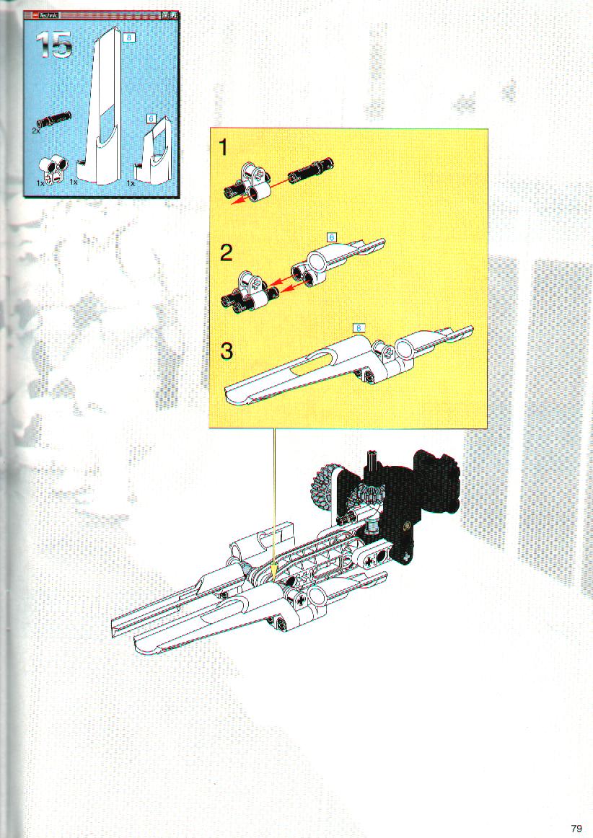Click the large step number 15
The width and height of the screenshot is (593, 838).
click(x=54, y=45)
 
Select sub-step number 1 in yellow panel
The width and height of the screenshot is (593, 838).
click(x=224, y=147)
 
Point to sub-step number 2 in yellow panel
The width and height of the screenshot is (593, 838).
click(x=227, y=252)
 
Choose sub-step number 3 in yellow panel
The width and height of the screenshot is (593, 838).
click(x=227, y=351)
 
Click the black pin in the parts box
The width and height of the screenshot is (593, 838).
click(x=54, y=120)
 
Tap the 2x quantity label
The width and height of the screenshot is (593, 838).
click(x=36, y=130)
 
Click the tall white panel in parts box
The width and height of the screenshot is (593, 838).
click(x=102, y=107)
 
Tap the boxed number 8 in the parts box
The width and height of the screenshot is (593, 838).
click(x=128, y=38)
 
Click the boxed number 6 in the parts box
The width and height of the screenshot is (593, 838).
click(x=151, y=119)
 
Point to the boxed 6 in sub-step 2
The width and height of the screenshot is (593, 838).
click(x=332, y=237)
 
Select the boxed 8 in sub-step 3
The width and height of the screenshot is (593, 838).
click(x=359, y=327)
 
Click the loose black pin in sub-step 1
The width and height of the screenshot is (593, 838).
click(x=311, y=170)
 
